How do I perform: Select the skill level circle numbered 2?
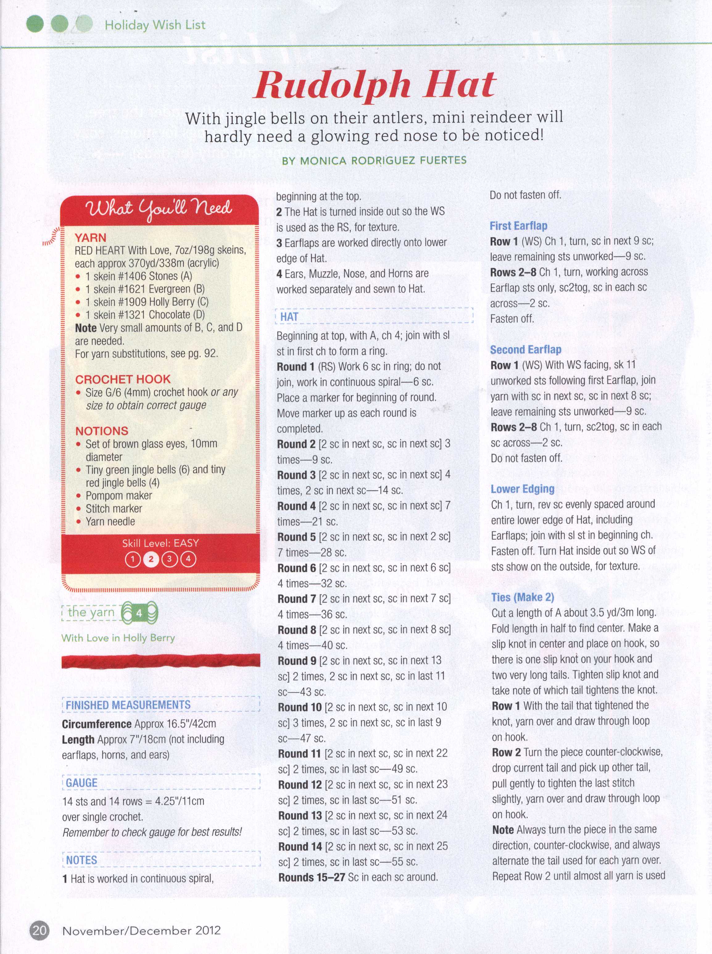pyautogui.click(x=151, y=560)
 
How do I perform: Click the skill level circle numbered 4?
pyautogui.click(x=188, y=560)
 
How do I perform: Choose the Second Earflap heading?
pyautogui.click(x=525, y=350)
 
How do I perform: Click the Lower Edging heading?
pyautogui.click(x=522, y=489)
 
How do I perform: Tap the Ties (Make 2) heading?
pyautogui.click(x=522, y=597)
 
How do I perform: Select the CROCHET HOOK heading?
pyautogui.click(x=123, y=379)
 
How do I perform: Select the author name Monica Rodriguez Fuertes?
pyautogui.click(x=374, y=161)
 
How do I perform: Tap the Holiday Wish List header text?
pyautogui.click(x=155, y=25)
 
